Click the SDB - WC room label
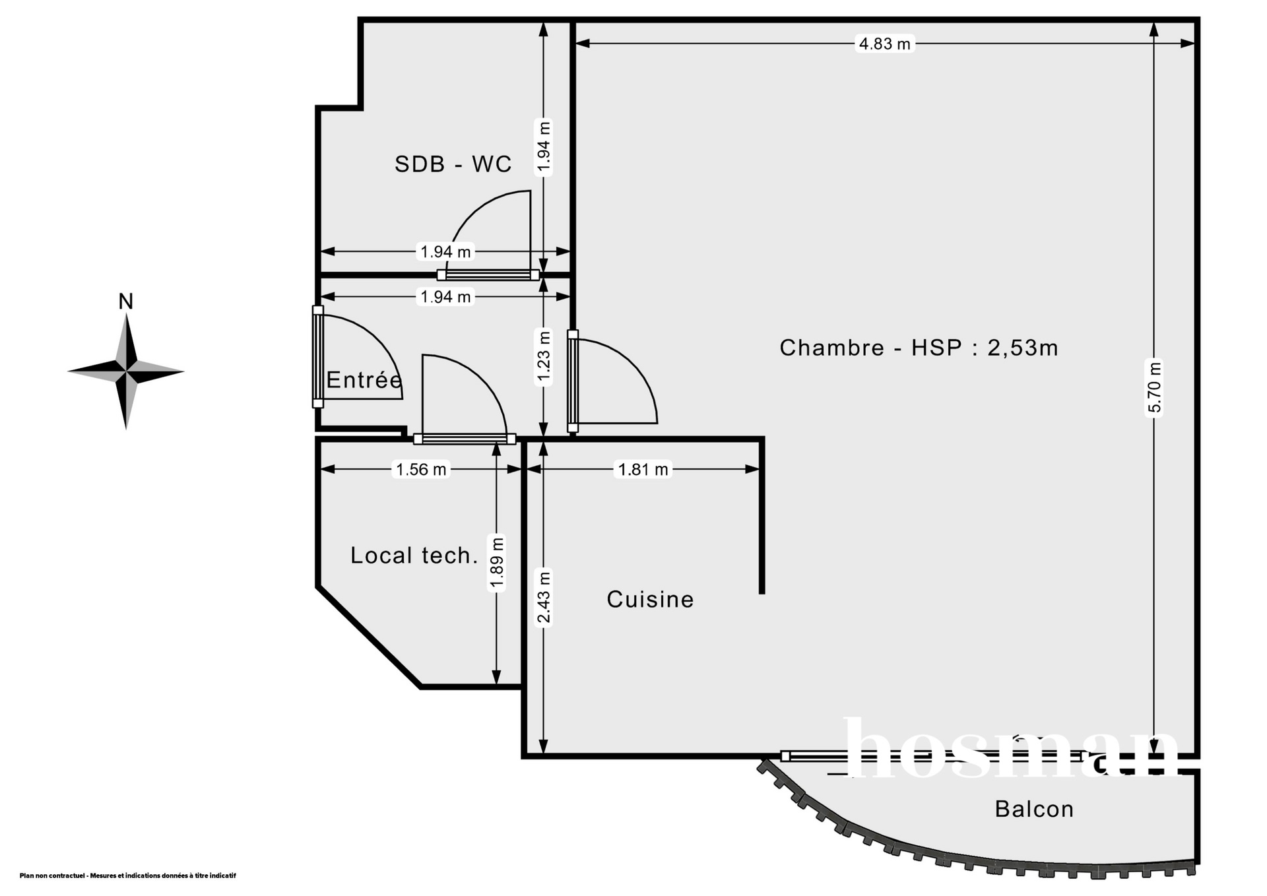(x=453, y=164)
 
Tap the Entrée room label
(x=364, y=380)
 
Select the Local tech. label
(x=414, y=556)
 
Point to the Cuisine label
(x=650, y=599)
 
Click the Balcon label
(x=1034, y=809)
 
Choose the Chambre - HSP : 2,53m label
(x=919, y=348)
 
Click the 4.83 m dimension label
(x=884, y=44)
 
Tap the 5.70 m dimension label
(x=1154, y=387)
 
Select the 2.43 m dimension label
(x=543, y=596)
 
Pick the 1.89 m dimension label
(x=497, y=562)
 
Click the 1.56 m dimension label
(x=421, y=469)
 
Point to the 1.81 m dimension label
(x=643, y=469)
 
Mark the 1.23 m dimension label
(x=543, y=356)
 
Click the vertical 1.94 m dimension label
(x=543, y=146)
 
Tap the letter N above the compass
(x=125, y=302)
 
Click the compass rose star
(x=125, y=371)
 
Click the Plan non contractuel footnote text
(x=128, y=876)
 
